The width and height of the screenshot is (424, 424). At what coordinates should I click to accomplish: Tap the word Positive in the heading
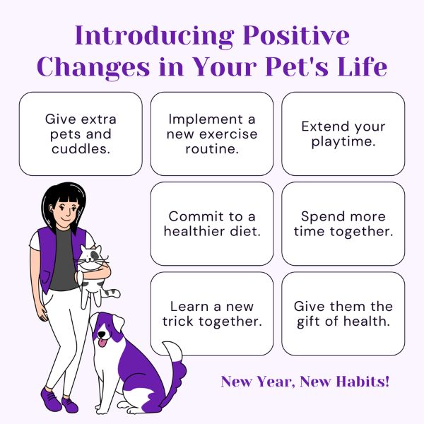tap(296, 35)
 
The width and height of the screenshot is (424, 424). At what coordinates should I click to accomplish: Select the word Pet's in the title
tap(297, 66)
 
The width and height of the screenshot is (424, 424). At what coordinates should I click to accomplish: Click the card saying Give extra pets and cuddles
tap(81, 134)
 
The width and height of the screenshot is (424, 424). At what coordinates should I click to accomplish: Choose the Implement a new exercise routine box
tap(212, 134)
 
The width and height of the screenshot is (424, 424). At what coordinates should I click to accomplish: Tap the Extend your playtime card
tap(343, 134)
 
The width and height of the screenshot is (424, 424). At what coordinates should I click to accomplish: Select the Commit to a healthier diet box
tap(212, 224)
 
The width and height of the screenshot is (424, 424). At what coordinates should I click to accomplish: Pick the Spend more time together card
tap(343, 224)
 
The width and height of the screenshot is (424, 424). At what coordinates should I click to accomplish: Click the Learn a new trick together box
tap(212, 314)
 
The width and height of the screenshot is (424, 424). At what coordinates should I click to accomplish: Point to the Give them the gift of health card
tap(343, 314)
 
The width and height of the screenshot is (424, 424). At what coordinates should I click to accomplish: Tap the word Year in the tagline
tap(274, 382)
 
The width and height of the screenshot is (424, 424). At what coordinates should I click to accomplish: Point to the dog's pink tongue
tap(102, 343)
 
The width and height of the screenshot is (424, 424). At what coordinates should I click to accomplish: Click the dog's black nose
tap(101, 334)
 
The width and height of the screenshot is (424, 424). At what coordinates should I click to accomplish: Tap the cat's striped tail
tap(112, 293)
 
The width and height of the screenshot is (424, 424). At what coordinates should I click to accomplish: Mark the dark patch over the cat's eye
tap(95, 254)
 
